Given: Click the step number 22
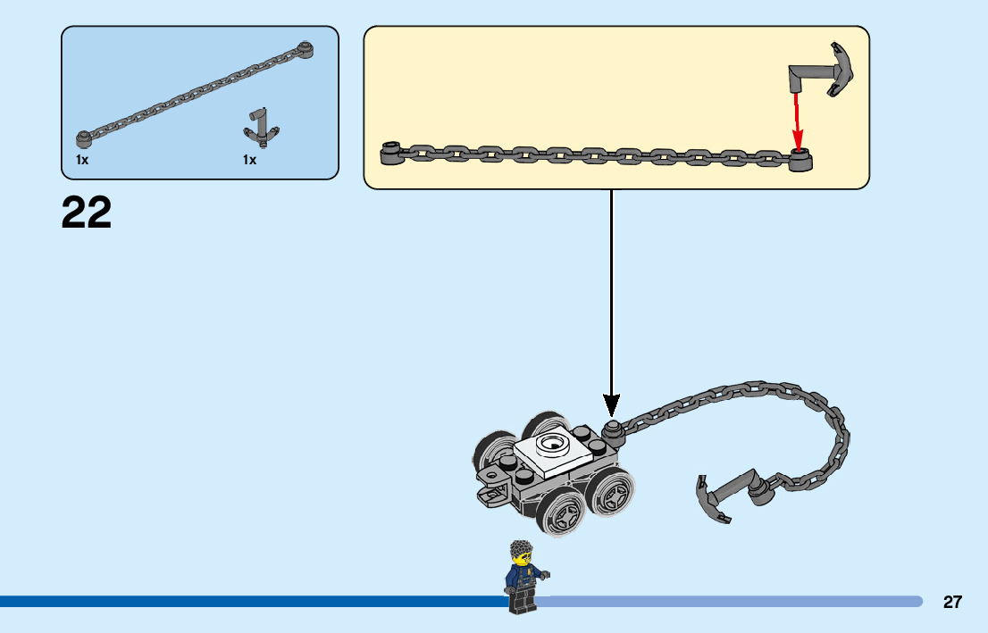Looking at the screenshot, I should click(87, 213).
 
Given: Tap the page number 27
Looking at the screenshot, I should click(952, 602).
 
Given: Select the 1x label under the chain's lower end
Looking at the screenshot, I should click(82, 160).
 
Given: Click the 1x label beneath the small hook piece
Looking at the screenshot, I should click(249, 160).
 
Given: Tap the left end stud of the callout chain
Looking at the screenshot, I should click(389, 154).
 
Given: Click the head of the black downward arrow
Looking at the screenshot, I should click(612, 404).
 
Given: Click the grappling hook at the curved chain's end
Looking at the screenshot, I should click(719, 496).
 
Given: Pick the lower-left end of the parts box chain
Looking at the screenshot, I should click(84, 137).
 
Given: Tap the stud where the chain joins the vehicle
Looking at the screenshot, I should click(613, 429).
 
